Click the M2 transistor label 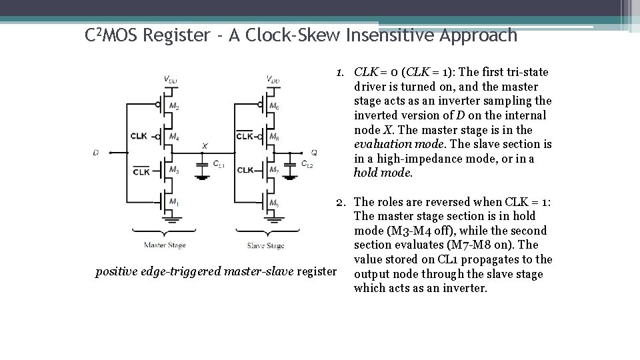pos(174,107)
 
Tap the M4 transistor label pos(174,137)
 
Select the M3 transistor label pos(174,171)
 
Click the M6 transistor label pos(274,107)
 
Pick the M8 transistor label pos(274,137)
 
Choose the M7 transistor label pos(274,171)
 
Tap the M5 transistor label pos(274,203)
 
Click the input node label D pos(95,153)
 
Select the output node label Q pos(314,153)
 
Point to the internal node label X pos(205,145)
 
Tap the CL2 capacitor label pos(307,164)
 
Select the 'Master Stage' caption pos(165,245)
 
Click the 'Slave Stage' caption pos(265,245)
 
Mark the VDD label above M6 pos(273,80)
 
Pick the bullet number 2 pos(339,201)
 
